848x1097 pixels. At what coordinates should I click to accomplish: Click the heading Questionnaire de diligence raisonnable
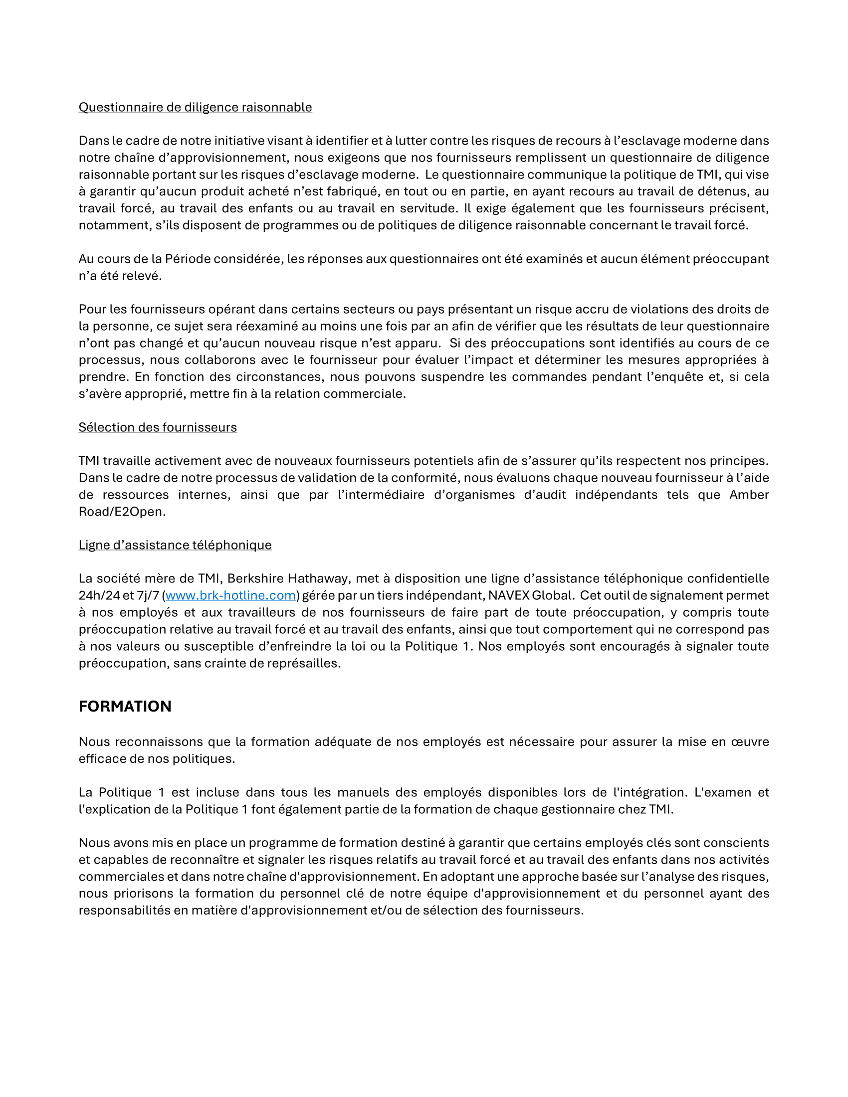(195, 107)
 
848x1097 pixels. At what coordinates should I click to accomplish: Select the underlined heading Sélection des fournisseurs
(157, 427)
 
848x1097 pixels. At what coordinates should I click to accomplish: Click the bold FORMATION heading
(125, 706)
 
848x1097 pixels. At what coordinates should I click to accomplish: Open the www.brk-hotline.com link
(230, 595)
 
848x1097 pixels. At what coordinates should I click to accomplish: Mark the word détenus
(721, 191)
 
